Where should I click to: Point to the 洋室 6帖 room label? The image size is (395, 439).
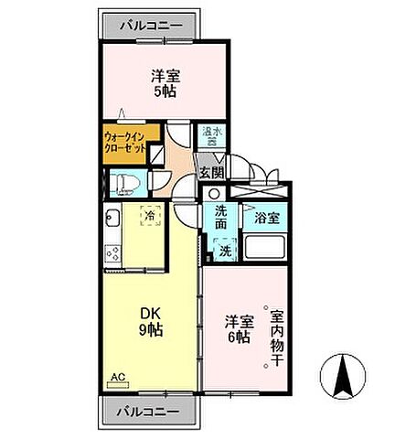[x=238, y=329]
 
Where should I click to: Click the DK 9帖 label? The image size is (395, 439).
[x=151, y=322]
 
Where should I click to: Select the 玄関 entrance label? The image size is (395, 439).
[x=211, y=171]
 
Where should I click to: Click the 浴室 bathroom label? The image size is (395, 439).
[x=267, y=219]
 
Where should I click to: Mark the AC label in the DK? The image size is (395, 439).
[x=117, y=376]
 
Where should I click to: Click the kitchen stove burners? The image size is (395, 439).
[x=112, y=253]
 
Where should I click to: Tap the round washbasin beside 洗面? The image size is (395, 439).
[x=213, y=194]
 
